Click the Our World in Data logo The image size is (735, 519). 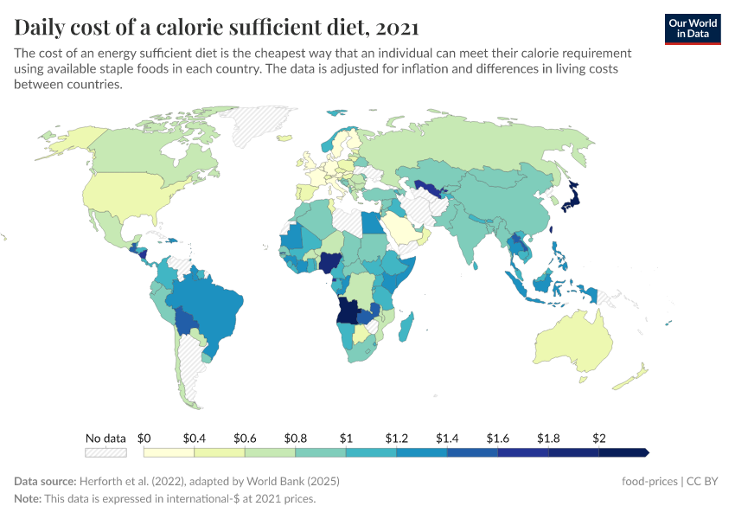pyautogui.click(x=693, y=28)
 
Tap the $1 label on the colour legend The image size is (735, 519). pyautogui.click(x=346, y=439)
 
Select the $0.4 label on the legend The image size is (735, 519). pyautogui.click(x=195, y=439)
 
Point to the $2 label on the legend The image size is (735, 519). pyautogui.click(x=598, y=439)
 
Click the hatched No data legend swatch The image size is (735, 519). pyautogui.click(x=105, y=452)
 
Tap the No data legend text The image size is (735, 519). pyautogui.click(x=105, y=439)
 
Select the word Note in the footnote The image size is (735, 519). pyautogui.click(x=28, y=499)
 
